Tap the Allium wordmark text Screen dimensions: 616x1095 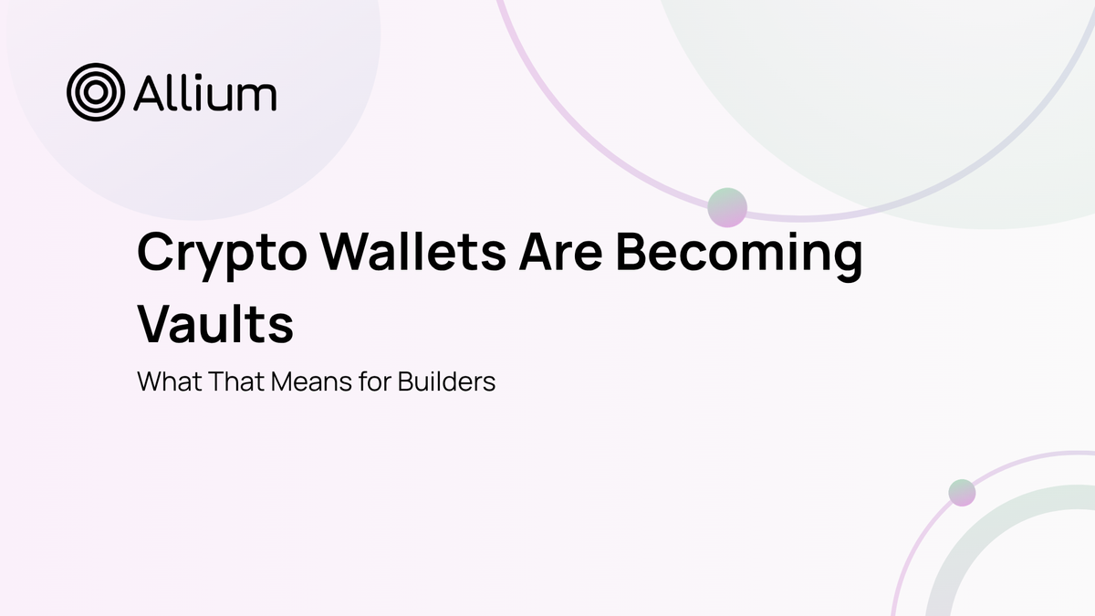205,93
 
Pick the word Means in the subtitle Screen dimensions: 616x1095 308,381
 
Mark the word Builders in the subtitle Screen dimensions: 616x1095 446,381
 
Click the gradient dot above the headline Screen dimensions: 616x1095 727,207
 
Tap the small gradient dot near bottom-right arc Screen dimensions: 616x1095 962,493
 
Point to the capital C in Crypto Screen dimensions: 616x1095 156,253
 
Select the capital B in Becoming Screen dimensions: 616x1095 634,253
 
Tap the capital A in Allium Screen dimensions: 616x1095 149,93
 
